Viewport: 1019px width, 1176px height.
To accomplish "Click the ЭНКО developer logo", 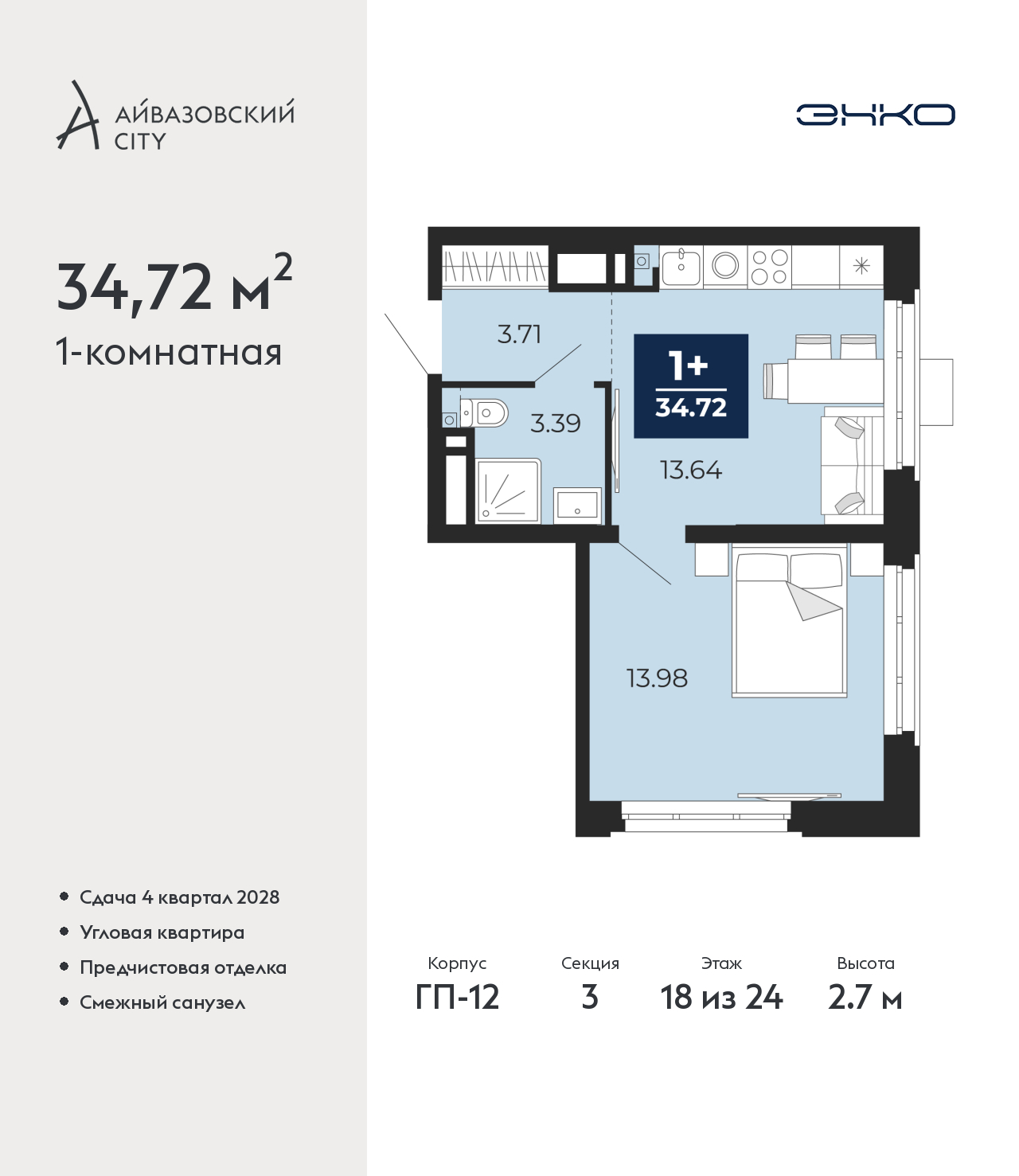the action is tap(875, 115).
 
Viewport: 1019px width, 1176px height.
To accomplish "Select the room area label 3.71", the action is tap(519, 334).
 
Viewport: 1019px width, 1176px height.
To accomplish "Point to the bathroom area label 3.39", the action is tap(556, 424).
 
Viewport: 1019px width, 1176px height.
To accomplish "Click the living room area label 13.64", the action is tap(691, 470).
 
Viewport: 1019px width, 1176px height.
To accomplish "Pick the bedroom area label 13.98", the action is tap(657, 678).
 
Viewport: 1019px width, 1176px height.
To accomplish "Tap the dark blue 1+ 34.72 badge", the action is tap(691, 386).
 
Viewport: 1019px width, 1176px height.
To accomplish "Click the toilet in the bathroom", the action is tap(483, 412).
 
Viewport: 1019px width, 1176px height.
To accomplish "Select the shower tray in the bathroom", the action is tap(508, 491).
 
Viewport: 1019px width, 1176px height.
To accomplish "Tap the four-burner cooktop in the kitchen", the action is tap(769, 267).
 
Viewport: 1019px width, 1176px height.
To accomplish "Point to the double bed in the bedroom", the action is tap(789, 621).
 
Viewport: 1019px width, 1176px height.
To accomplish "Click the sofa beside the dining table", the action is tap(852, 465).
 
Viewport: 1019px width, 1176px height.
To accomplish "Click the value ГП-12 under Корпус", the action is tap(458, 998).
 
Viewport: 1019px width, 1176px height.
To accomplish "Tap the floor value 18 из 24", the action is tap(721, 998).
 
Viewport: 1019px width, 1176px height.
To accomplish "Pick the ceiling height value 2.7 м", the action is tap(865, 998).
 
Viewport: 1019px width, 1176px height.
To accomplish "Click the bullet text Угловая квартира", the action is tap(162, 932).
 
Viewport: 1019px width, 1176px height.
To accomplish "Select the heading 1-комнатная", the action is tap(169, 353).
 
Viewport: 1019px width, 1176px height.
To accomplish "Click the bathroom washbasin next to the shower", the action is tap(577, 506).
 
